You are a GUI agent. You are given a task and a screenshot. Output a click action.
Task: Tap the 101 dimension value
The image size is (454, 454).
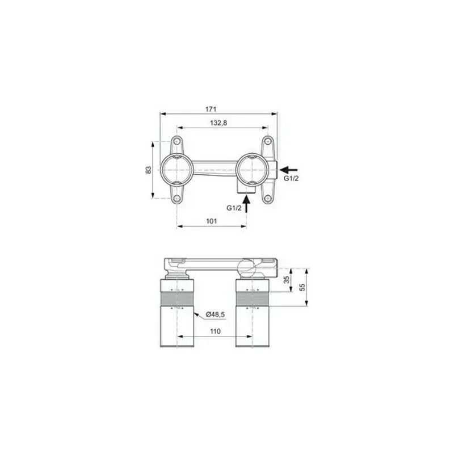212,221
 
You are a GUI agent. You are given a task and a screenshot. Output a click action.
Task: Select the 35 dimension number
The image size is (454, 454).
286,279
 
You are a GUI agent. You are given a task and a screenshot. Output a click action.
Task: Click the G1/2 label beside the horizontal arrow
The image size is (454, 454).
291,179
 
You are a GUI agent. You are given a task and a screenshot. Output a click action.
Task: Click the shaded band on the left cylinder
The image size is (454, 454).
178,299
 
